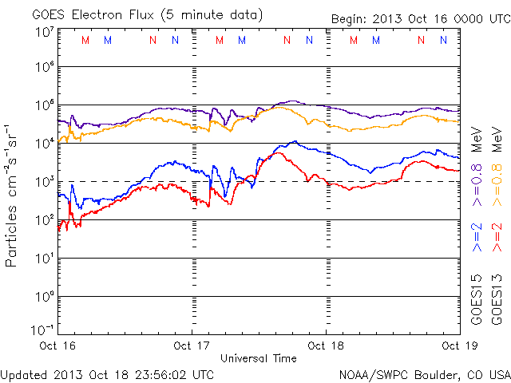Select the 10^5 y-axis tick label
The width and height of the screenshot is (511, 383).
[x=43, y=107]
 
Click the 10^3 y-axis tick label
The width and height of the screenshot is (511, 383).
[x=43, y=184]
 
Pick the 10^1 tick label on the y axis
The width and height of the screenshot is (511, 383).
[x=43, y=260]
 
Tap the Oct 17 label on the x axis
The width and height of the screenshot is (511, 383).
[x=192, y=346]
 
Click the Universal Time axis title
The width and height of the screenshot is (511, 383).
[x=259, y=358]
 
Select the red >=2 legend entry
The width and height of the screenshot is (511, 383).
[x=498, y=237]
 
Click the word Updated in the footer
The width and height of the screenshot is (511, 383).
[x=25, y=373]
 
